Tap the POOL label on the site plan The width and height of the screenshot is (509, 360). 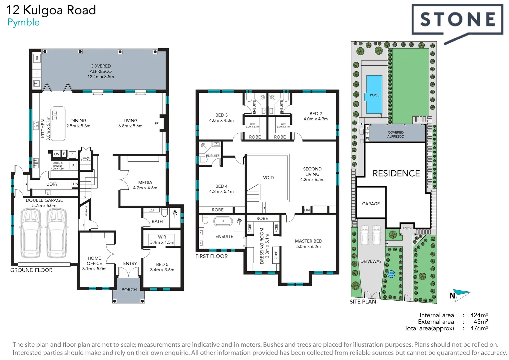(x=374, y=95)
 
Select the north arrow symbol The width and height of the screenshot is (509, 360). (x=462, y=294)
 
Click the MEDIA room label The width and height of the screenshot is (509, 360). (x=145, y=183)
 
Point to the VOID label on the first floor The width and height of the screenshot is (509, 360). (x=268, y=178)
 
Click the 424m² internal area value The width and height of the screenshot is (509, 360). (x=479, y=315)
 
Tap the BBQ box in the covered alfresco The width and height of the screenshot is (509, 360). (x=37, y=59)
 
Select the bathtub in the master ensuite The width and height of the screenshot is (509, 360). (x=223, y=221)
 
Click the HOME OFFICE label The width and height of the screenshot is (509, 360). (x=94, y=261)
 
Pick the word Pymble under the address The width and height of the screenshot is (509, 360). (x=23, y=22)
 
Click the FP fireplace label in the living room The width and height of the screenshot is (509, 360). (x=157, y=124)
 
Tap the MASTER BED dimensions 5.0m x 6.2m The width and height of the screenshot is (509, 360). (x=308, y=247)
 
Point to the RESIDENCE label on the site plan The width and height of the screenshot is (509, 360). (x=396, y=173)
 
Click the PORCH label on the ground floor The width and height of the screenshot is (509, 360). (x=129, y=290)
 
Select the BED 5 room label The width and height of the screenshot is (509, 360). (x=162, y=264)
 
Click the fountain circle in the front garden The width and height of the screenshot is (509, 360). (x=391, y=274)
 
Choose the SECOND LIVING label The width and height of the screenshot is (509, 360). (x=312, y=172)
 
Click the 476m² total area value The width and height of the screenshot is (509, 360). (x=479, y=328)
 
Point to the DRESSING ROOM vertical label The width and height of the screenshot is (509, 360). (x=262, y=246)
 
